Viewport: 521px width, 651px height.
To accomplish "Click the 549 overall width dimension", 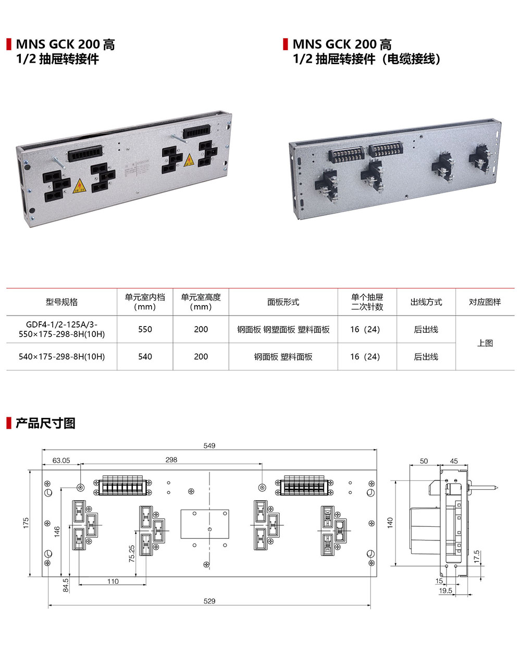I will pos(209,446).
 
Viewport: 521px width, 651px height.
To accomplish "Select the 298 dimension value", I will pos(171,460).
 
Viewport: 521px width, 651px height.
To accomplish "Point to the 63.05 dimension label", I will pos(61,461).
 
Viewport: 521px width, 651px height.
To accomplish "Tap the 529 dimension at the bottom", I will pos(209,601).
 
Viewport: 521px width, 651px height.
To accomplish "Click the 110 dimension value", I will pos(113,582).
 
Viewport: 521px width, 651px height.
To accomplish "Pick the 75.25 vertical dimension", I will pos(132,553).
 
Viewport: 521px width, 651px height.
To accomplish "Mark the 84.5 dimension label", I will pos(66,585).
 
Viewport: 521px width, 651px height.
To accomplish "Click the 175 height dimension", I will pos(26,523).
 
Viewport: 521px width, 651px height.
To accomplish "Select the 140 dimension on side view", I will pos(390,523).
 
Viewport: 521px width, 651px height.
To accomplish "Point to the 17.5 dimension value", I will pos(476,557).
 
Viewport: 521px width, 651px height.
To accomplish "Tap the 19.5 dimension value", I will pos(445,591).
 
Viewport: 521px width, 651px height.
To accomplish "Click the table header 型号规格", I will pos(61,302).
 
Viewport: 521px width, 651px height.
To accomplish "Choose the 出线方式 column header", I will pos(426,302).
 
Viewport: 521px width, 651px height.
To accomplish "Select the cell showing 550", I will pos(145,330).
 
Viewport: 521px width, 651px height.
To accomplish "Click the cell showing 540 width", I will pos(145,357).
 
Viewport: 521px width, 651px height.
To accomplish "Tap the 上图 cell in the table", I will pos(485,343).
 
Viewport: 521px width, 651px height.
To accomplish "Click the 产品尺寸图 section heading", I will pos(45,423).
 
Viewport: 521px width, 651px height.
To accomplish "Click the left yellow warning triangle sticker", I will pos(79,185).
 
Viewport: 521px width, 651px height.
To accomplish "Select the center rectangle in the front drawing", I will pos(205,524).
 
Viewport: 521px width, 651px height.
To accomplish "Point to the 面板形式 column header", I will pos(283,302).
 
